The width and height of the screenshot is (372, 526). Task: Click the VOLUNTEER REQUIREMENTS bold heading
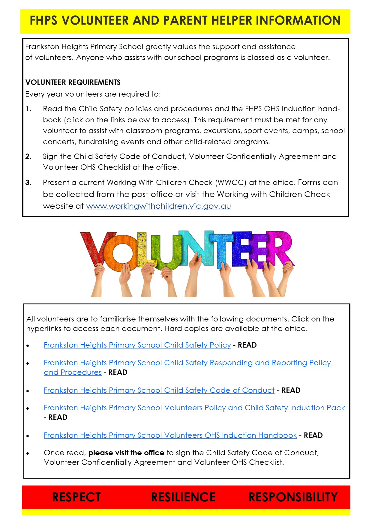point(73,82)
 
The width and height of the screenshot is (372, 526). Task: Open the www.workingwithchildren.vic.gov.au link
point(158,206)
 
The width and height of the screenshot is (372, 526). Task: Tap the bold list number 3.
point(28,183)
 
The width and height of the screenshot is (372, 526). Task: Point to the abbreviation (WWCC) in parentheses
point(231,183)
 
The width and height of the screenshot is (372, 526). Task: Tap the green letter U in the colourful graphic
point(163,252)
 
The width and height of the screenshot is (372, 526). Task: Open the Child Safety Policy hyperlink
point(137,345)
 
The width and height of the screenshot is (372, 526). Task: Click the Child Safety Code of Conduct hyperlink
point(159,390)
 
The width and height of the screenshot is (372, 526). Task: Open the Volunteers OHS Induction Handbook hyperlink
point(170,435)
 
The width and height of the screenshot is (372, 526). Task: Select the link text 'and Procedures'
point(73,372)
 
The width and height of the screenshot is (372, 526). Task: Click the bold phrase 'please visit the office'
point(126,453)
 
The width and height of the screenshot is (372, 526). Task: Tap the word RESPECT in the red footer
point(76,497)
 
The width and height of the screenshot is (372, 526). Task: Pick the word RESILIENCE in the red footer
point(183,497)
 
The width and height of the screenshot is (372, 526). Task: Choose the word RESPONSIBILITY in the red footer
point(293,497)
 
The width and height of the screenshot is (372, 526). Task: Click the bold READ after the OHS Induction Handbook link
point(313,435)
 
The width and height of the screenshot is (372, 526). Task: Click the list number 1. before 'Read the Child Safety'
point(28,109)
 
